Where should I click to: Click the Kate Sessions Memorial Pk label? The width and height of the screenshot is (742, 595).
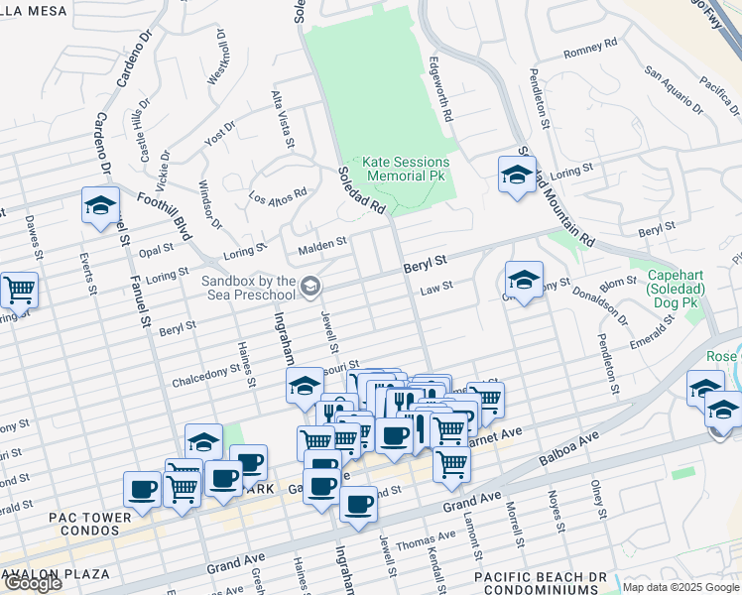[406, 169]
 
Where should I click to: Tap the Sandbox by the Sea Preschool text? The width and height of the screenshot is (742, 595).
[248, 288]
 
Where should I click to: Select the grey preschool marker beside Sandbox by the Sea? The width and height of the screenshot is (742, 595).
[310, 288]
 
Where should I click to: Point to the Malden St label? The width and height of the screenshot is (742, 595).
[323, 241]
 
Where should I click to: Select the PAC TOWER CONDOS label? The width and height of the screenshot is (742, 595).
[90, 526]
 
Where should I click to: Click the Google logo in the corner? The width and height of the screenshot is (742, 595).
[32, 583]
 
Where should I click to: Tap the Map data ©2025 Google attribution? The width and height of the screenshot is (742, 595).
[680, 587]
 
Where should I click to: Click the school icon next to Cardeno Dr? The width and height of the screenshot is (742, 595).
[100, 205]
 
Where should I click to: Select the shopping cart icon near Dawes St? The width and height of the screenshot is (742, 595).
[19, 291]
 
